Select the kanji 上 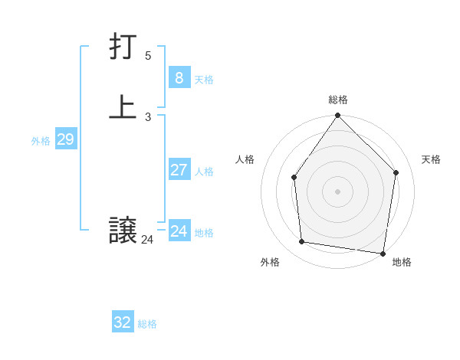coord(123,107)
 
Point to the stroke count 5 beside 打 coord(148,55)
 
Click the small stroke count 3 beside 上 coord(148,116)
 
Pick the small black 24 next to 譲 coord(147,240)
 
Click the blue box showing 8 coord(179,77)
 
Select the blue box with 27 coord(179,170)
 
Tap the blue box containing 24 coord(179,231)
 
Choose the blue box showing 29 coord(65,139)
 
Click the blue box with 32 coord(122,322)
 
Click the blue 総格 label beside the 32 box coord(147,324)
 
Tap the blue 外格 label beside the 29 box coord(41,141)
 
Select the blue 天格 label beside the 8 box coord(204,80)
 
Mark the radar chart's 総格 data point coord(337,116)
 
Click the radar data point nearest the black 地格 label coord(383,253)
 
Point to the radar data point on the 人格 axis coord(294,178)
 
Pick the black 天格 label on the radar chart coord(431,159)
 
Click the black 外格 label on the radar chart coord(270,262)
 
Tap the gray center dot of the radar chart coord(337,191)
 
